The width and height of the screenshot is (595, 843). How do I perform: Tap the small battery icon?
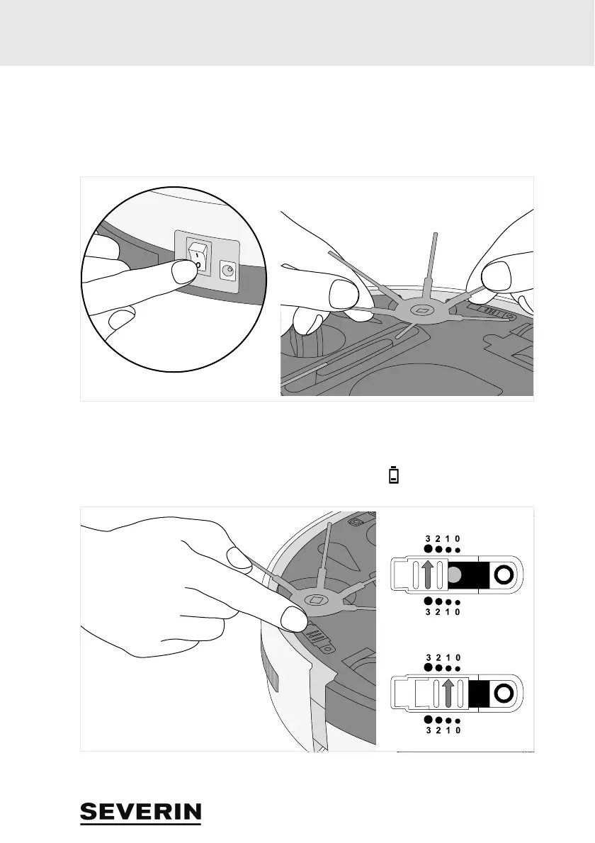click(394, 475)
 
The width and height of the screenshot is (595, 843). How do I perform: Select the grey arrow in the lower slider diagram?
click(446, 694)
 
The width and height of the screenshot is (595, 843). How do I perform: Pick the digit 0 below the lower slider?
click(458, 730)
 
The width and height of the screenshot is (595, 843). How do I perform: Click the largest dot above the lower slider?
click(428, 667)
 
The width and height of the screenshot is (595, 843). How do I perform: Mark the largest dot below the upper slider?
click(428, 601)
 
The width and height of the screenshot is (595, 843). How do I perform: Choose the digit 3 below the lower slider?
click(429, 730)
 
